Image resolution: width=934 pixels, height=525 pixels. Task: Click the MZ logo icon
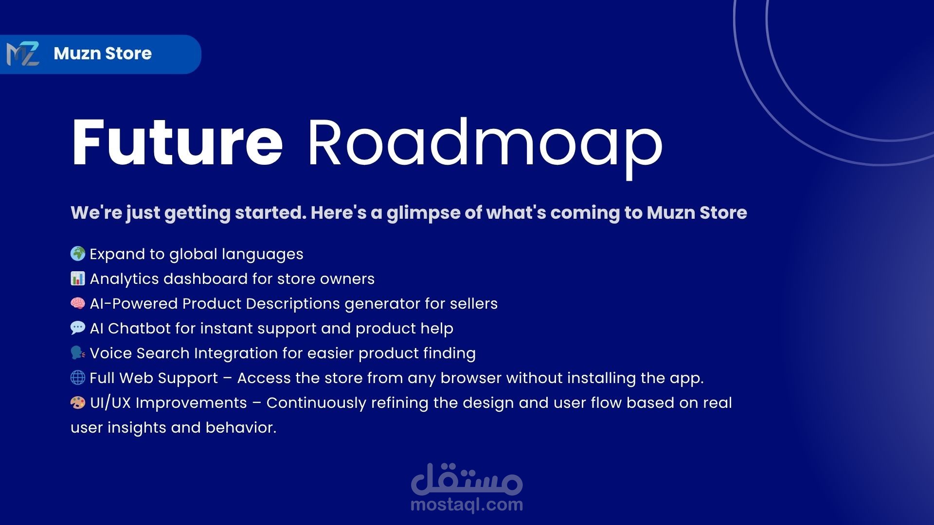23,54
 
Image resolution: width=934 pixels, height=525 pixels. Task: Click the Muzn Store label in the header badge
103,53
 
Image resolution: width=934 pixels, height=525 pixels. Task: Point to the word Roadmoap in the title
485,147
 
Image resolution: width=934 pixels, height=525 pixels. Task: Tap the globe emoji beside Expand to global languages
78,254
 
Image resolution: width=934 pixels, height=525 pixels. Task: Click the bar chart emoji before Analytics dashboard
78,279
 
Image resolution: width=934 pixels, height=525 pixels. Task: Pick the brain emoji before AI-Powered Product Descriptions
78,303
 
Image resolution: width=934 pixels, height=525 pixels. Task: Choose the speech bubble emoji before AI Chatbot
78,328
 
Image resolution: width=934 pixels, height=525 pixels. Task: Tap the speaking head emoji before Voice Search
78,353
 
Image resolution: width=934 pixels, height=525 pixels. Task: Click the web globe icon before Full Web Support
78,378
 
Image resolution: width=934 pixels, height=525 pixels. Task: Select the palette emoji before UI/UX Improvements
78,402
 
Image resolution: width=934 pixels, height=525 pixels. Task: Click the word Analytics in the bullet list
125,280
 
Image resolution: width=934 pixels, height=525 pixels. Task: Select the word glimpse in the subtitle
423,213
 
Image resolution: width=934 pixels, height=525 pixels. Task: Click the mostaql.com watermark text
467,505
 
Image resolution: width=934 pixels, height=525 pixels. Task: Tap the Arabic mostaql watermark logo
467,478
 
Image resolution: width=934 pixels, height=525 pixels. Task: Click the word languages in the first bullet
263,255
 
